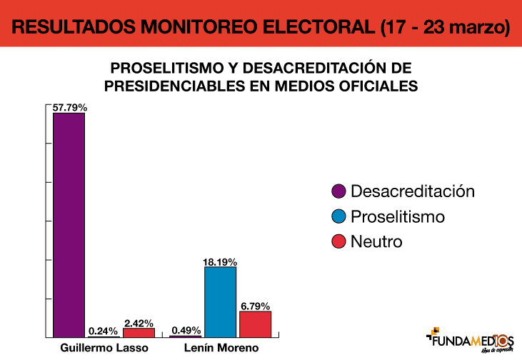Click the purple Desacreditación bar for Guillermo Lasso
pyautogui.click(x=69, y=224)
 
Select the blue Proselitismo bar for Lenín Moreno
pyautogui.click(x=220, y=301)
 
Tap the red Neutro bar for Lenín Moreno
pyautogui.click(x=255, y=324)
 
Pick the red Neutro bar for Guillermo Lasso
pyautogui.click(x=139, y=332)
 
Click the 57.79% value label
pyautogui.click(x=69, y=108)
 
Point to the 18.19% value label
pyautogui.click(x=220, y=262)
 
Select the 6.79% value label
pyautogui.click(x=256, y=306)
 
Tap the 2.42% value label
pyautogui.click(x=139, y=323)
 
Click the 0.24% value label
pyautogui.click(x=104, y=331)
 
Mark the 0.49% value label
pyautogui.click(x=186, y=331)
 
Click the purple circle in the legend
pyautogui.click(x=339, y=191)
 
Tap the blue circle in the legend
pyautogui.click(x=339, y=216)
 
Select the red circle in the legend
pyautogui.click(x=339, y=241)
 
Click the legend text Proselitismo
pyautogui.click(x=397, y=216)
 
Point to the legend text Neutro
pyautogui.click(x=376, y=241)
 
